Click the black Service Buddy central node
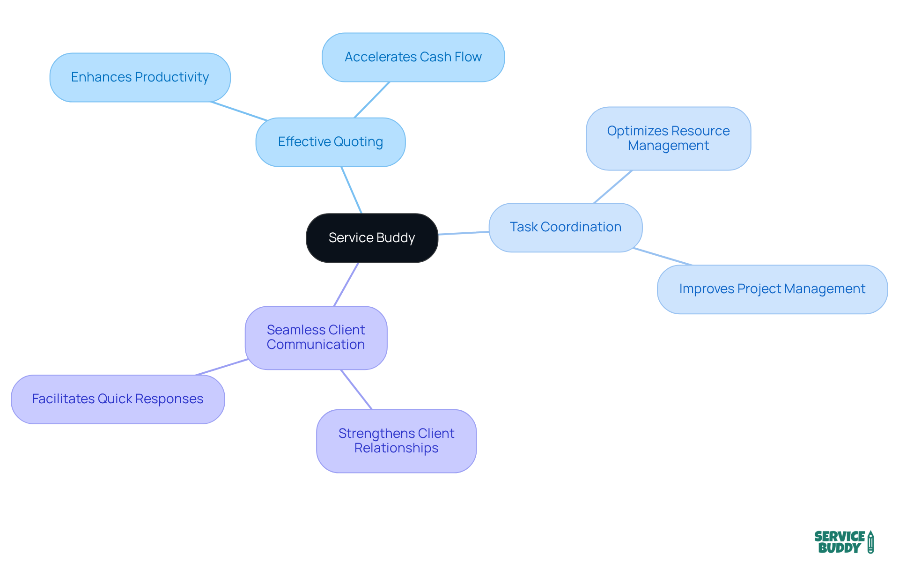click(372, 238)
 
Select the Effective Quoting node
click(331, 142)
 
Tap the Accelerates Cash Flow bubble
click(413, 57)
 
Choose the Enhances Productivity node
click(140, 77)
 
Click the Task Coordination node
click(565, 227)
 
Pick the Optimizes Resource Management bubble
click(668, 138)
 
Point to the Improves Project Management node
click(772, 289)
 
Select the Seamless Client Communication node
click(316, 337)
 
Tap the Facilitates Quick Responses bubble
click(118, 399)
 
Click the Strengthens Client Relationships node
click(396, 441)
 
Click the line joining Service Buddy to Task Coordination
click(464, 233)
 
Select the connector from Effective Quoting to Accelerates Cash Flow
click(372, 100)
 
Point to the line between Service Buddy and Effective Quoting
click(352, 190)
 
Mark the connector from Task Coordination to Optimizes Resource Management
click(613, 187)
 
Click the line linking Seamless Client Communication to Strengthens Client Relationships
click(356, 390)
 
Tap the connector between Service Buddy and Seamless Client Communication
click(346, 284)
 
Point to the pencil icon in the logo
click(870, 542)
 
